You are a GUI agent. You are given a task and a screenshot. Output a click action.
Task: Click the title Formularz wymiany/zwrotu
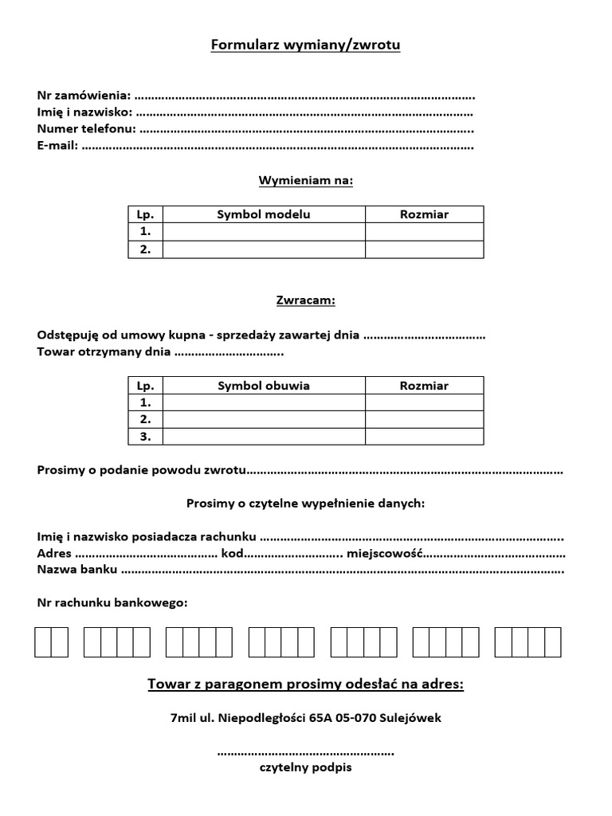305,45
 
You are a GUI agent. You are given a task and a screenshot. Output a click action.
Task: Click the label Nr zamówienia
84,96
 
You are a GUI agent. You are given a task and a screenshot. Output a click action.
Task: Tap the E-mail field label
57,146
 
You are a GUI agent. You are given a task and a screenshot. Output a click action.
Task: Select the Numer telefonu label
86,129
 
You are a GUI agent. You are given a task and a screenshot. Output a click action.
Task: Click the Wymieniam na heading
305,180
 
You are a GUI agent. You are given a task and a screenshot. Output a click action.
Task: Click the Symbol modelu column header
264,214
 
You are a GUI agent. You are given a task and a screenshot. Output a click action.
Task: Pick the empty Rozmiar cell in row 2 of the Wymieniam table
424,249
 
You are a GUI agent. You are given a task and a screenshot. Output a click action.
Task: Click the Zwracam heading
305,300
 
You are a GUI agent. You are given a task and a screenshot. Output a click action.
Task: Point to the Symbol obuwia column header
264,386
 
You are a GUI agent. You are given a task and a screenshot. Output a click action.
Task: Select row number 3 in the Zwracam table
145,437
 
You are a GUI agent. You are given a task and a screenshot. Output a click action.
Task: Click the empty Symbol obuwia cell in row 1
264,402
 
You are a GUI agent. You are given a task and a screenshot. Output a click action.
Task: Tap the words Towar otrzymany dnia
104,351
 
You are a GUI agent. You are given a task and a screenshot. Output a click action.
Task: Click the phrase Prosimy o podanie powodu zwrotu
141,470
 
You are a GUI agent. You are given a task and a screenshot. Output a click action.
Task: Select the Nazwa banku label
77,570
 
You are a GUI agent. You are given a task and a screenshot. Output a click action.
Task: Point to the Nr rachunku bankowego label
112,602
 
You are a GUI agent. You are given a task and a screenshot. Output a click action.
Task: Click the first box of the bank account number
43,642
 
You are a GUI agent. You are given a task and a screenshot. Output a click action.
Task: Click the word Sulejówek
413,718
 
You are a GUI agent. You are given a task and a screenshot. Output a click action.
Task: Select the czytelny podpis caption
305,768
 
